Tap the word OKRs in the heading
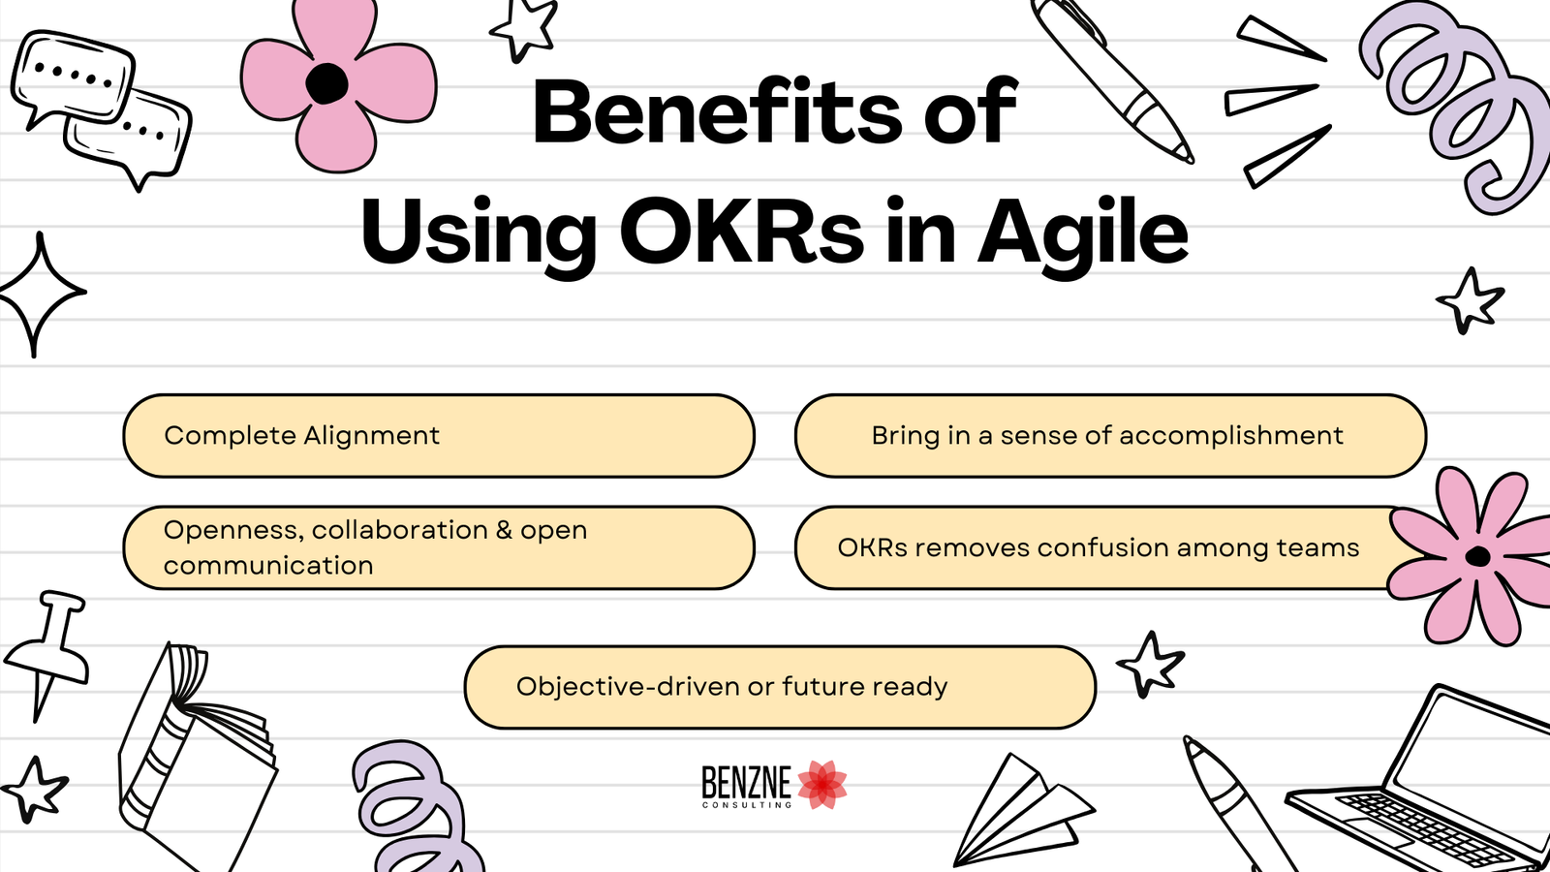741,233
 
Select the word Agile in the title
1082,233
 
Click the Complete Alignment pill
438,436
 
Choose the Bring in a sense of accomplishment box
1109,436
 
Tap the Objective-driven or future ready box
780,687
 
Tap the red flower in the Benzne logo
822,785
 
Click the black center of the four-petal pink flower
326,83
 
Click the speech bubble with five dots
72,78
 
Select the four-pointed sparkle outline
39,294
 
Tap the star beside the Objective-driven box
1151,665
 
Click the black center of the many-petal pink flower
1477,556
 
